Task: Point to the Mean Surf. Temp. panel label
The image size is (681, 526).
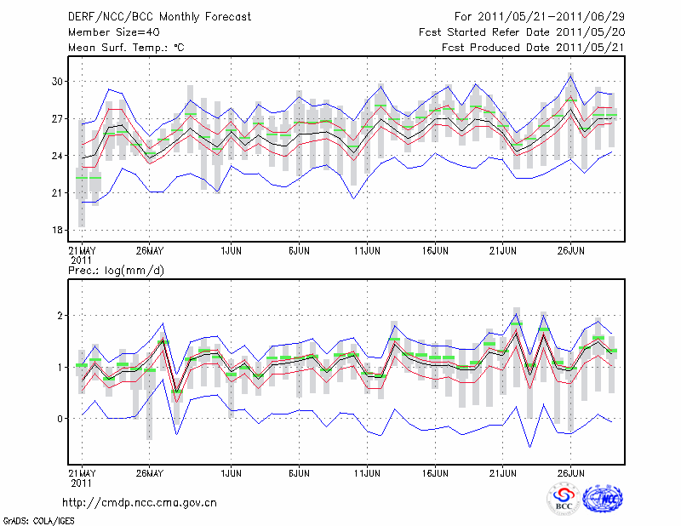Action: click(126, 48)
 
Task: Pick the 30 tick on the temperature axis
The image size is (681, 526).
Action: click(57, 81)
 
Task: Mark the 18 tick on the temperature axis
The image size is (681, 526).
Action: click(57, 230)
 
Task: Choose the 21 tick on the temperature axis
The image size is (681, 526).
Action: click(57, 192)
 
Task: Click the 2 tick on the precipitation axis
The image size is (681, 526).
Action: click(60, 316)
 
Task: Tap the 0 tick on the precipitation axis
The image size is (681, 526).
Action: click(60, 419)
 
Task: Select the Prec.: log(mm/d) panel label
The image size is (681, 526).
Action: click(117, 271)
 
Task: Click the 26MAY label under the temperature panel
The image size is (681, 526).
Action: click(149, 251)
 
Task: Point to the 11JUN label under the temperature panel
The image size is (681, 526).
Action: click(367, 251)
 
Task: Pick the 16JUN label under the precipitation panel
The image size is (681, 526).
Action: click(435, 472)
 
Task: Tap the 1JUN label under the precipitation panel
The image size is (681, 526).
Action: click(231, 472)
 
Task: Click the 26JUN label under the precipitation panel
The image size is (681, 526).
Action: click(570, 472)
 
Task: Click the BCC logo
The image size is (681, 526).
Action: click(564, 500)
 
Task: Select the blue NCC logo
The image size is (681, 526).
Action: click(602, 500)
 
